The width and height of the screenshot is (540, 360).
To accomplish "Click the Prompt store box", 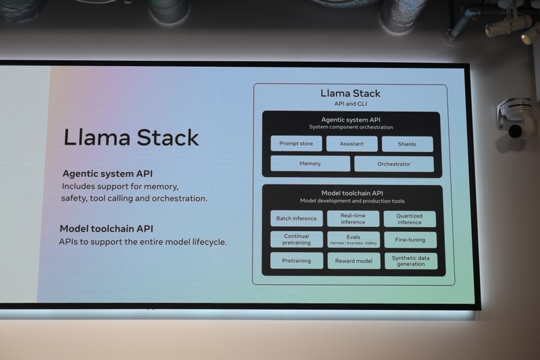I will [296, 144].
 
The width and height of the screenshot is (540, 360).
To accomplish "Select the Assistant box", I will [352, 144].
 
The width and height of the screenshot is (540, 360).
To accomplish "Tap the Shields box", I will [407, 144].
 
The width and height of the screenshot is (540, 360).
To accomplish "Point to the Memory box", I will [310, 163].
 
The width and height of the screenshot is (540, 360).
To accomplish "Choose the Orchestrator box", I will [394, 163].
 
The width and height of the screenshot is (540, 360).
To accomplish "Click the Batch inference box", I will [296, 219].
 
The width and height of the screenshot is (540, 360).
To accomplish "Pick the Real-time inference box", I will [353, 219].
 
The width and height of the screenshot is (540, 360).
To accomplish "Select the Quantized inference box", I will [410, 219].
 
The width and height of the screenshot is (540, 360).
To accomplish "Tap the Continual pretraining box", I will [296, 240].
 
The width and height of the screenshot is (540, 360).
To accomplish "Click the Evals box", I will [353, 240].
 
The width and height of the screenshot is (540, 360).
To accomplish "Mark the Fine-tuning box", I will [410, 240].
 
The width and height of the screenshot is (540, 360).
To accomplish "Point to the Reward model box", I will [353, 261].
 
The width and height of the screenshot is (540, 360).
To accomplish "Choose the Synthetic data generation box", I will [410, 261].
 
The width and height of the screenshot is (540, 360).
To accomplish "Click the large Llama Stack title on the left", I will [131, 137].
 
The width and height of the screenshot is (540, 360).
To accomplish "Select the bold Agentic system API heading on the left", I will [107, 173].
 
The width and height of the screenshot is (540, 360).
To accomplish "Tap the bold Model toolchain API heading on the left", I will [106, 228].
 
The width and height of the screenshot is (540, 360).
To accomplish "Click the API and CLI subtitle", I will [350, 105].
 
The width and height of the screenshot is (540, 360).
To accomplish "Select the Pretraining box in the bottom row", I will [296, 261].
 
